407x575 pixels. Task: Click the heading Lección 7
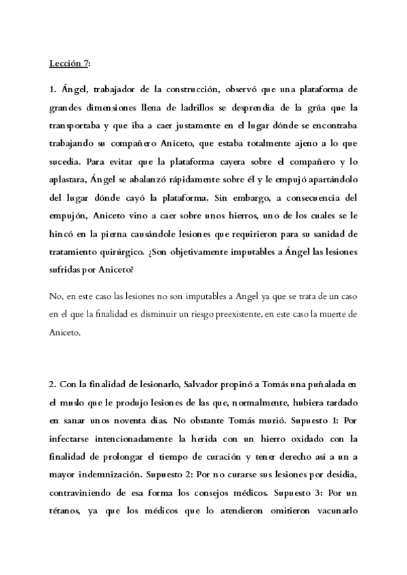(69, 64)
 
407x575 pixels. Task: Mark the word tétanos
(66, 515)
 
